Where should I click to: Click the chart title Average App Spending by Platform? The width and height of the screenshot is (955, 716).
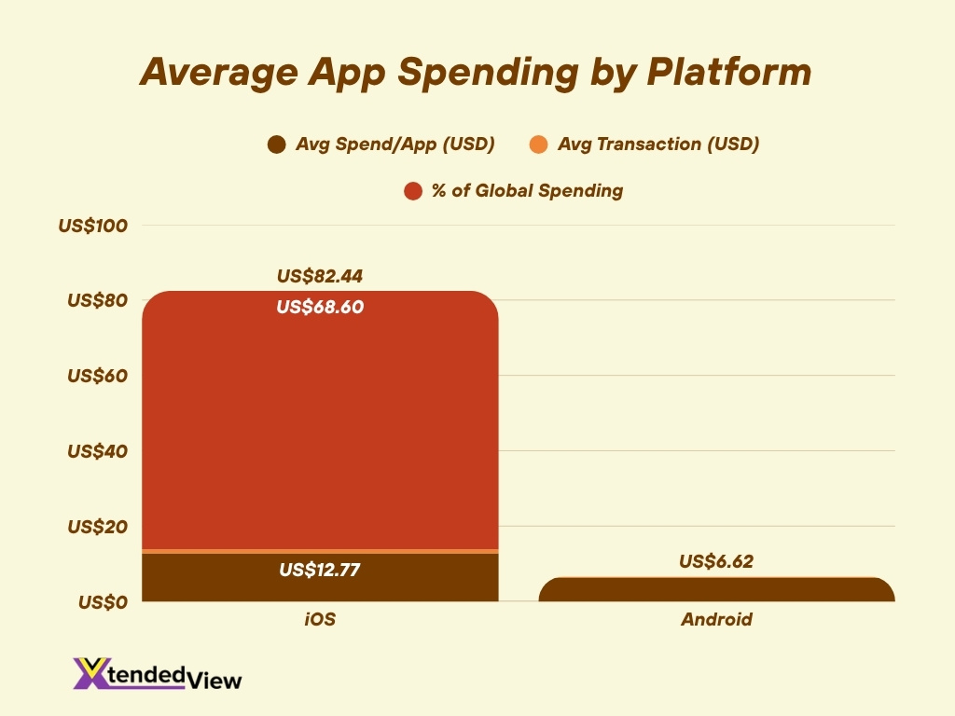tap(476, 73)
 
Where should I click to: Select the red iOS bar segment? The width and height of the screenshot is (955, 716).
tap(320, 429)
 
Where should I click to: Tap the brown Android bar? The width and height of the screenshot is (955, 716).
tap(716, 591)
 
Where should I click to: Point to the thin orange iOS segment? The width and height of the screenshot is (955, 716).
tap(320, 551)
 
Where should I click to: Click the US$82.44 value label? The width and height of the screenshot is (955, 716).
tap(320, 277)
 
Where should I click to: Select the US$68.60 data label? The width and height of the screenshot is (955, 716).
tap(320, 307)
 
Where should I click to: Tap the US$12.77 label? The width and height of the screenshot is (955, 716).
tap(320, 570)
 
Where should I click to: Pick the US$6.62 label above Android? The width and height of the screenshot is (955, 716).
tap(716, 561)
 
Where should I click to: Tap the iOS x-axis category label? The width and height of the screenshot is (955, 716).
tap(320, 619)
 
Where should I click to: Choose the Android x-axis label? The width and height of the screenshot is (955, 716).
tap(716, 619)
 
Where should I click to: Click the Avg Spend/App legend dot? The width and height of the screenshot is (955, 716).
tap(275, 145)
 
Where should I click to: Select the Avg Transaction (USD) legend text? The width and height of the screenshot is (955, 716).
tap(657, 145)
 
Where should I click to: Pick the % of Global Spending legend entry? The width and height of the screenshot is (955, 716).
tap(514, 191)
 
